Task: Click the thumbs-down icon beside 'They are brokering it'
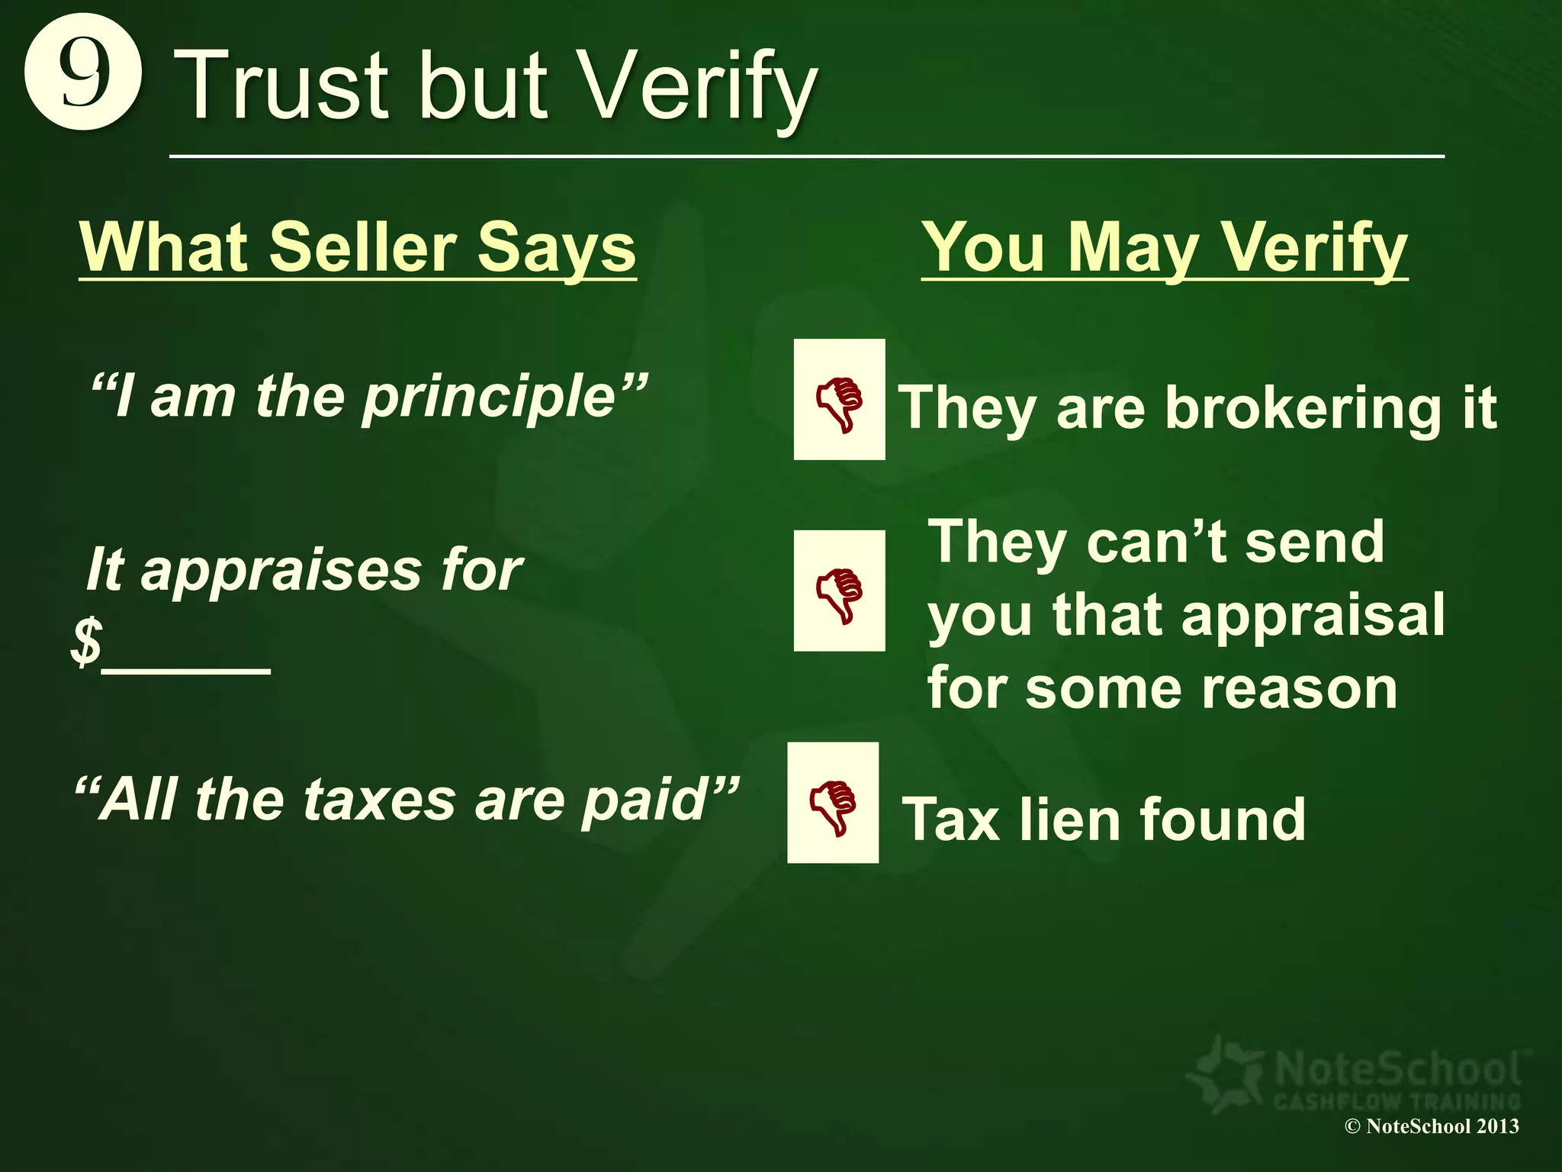coord(839,400)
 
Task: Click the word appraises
coord(281,570)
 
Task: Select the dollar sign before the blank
coord(86,641)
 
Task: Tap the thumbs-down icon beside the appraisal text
coord(839,591)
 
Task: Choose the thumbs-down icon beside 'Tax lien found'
coord(833,803)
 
